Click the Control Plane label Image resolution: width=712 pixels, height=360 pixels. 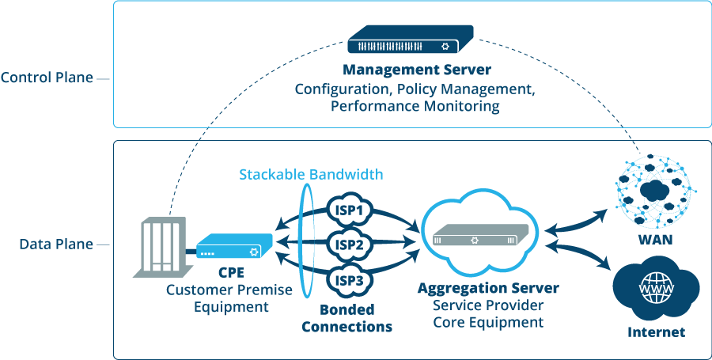47,78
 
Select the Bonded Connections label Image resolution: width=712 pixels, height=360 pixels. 347,318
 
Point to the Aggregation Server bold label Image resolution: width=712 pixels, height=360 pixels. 487,289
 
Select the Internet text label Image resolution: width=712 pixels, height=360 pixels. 656,332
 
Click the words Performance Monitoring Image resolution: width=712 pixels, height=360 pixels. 415,106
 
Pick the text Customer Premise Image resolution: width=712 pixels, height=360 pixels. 229,290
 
